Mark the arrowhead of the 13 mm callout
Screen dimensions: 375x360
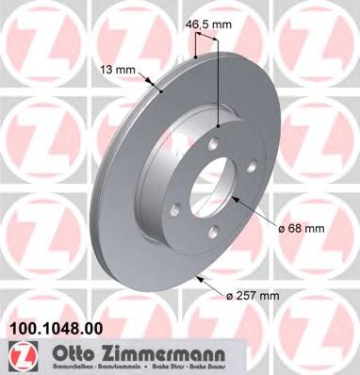point(165,92)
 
